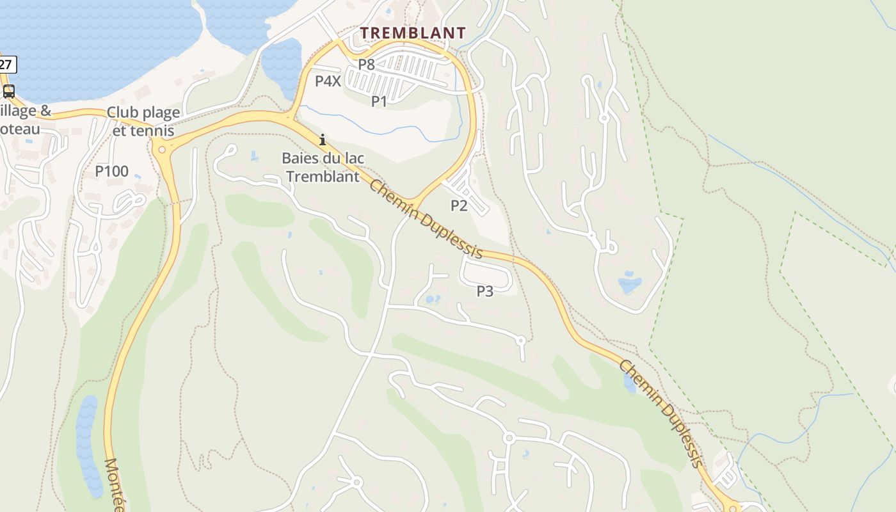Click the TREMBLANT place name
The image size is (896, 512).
[413, 33]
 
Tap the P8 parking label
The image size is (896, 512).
[366, 64]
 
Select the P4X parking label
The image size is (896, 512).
[328, 81]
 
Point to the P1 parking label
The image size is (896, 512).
[380, 101]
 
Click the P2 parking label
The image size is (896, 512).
[459, 205]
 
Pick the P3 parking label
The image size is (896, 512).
[485, 291]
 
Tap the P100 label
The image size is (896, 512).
[112, 172]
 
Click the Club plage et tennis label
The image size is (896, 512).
[143, 121]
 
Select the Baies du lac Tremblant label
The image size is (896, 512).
[323, 167]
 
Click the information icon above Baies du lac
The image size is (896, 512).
[323, 140]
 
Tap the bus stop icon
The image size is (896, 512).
[9, 91]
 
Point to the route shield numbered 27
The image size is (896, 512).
[6, 64]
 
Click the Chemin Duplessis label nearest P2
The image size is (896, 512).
[426, 219]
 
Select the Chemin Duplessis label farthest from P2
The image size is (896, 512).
[660, 413]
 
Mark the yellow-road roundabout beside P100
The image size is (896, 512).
[161, 150]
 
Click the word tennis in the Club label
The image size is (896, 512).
[152, 131]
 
